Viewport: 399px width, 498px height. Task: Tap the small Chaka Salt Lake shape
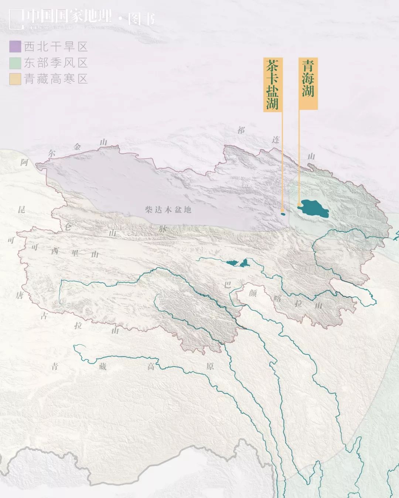pos(283,214)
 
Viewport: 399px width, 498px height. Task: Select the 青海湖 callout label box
pos(308,83)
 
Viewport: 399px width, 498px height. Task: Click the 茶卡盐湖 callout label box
pos(273,84)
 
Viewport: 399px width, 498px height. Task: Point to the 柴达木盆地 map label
pos(168,210)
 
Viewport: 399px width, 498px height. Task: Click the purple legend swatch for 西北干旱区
pos(15,47)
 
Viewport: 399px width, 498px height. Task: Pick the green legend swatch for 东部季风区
pos(15,63)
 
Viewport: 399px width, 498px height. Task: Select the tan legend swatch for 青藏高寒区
pos(15,79)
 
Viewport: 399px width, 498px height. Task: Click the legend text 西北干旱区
pos(56,47)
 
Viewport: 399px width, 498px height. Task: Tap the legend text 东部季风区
pos(56,63)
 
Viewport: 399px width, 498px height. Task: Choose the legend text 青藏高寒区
pos(56,79)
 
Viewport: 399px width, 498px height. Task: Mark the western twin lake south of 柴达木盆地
pos(232,263)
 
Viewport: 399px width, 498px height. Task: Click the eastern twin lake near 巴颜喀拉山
pos(244,263)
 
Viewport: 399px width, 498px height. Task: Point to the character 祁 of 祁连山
pos(241,130)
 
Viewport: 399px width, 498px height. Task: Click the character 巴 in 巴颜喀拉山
pos(228,284)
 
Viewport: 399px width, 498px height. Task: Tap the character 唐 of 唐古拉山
pos(20,295)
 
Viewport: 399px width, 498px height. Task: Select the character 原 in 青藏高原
pos(210,366)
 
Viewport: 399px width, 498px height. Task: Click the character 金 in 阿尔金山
pos(77,147)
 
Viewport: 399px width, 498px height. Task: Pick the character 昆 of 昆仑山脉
pos(22,209)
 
